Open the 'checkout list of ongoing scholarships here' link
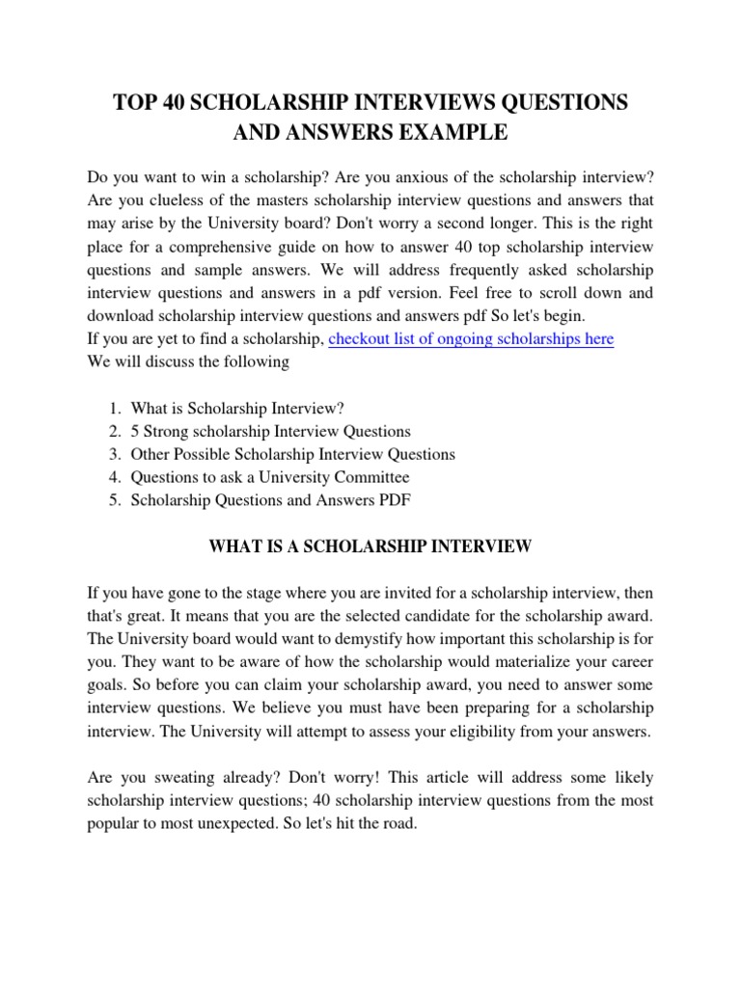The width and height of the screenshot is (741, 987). (x=471, y=339)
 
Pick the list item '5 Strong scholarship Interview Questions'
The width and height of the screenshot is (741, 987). (x=270, y=431)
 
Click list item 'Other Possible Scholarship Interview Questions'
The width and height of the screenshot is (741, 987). (x=292, y=454)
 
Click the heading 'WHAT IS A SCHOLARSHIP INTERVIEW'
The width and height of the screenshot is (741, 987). (x=370, y=547)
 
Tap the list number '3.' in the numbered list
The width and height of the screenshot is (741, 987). (x=114, y=454)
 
